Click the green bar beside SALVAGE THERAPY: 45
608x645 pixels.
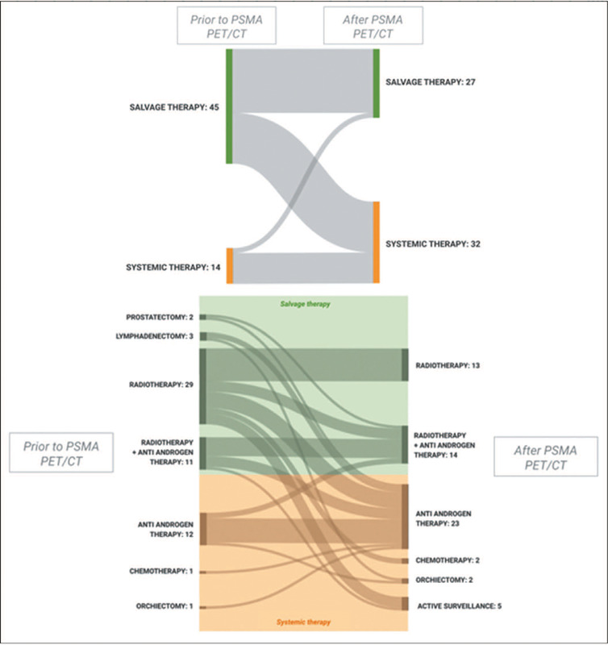229,106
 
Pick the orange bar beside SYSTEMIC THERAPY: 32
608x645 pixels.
376,242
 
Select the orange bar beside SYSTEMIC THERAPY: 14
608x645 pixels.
229,266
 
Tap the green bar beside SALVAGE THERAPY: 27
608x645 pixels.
376,83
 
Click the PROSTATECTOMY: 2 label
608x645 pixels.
160,317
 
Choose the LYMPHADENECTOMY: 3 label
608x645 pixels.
154,335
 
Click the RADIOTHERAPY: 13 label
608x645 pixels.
448,366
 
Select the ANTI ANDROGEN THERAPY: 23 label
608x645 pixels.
443,518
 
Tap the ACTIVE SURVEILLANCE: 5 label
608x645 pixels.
454,605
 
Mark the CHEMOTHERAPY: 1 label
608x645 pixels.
161,572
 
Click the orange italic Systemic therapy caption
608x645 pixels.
303,622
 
